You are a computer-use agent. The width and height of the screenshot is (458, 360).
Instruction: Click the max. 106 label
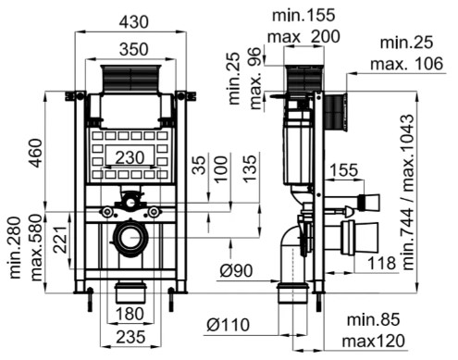pos(409,63)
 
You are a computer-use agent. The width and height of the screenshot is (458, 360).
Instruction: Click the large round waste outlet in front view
pos(129,239)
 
